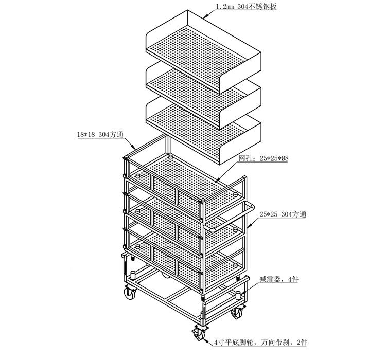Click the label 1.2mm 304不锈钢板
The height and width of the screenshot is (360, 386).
tap(246, 7)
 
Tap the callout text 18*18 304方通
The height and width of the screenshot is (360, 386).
tap(100, 135)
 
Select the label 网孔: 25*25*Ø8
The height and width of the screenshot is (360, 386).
tap(263, 158)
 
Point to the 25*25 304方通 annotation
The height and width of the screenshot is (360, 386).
tap(283, 214)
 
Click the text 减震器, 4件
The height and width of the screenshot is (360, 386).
tap(278, 280)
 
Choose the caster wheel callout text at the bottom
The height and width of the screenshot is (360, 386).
tap(260, 342)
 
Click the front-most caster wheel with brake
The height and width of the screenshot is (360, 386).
tap(199, 333)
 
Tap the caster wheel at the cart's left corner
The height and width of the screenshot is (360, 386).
tap(130, 292)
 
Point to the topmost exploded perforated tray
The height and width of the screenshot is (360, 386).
tap(203, 51)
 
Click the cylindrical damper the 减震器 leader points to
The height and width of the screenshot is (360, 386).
tap(238, 295)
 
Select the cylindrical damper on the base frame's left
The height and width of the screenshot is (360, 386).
tap(133, 275)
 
